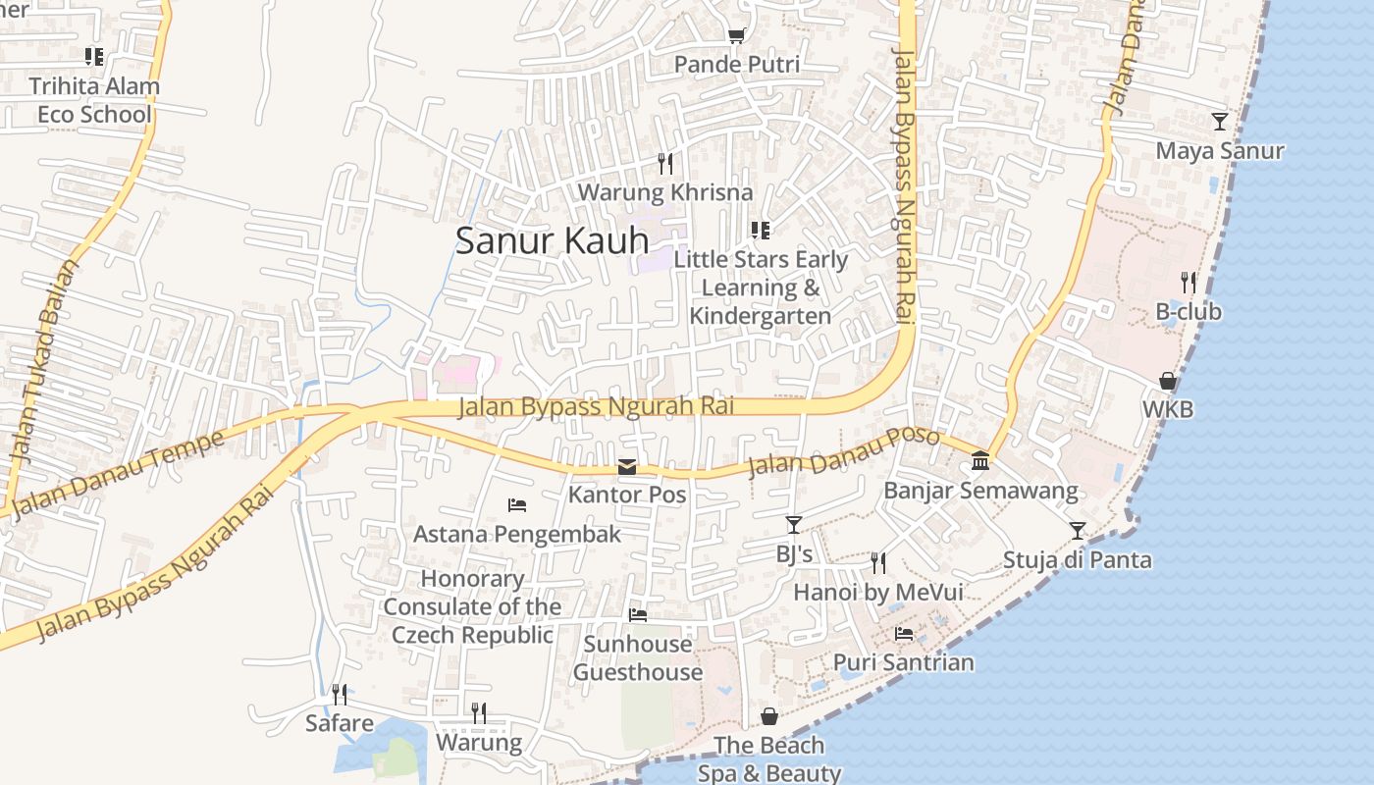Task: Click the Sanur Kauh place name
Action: coord(552,240)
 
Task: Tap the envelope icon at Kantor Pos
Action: coord(627,467)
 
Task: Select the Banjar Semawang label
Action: coord(980,491)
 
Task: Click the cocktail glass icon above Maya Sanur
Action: coord(1219,122)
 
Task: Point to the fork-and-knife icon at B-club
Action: coord(1189,283)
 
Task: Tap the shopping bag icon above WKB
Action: coord(1168,381)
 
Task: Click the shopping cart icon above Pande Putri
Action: coord(736,36)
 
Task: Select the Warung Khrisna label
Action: coord(664,192)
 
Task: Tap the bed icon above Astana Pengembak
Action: coord(517,505)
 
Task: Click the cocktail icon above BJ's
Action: coord(793,526)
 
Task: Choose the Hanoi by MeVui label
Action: coord(877,593)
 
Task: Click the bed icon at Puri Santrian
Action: coord(904,634)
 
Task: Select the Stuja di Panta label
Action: coord(1077,560)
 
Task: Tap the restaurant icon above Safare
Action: coord(339,695)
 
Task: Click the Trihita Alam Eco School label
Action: coord(94,100)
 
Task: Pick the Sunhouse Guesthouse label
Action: coord(638,657)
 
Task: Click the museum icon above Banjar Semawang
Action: coord(979,460)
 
